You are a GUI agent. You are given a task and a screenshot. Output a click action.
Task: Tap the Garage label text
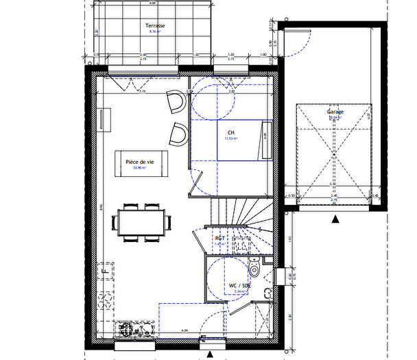[x=335, y=111]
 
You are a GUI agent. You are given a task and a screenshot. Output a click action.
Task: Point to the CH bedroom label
[x=230, y=132]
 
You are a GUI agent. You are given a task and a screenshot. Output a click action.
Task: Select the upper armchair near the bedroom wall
[x=177, y=103]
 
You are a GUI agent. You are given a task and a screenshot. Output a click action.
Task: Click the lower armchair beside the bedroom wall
[x=178, y=133]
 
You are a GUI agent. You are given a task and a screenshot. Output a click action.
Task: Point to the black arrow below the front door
[x=208, y=353]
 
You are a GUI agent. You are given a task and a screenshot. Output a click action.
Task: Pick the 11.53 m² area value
[x=230, y=139]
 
